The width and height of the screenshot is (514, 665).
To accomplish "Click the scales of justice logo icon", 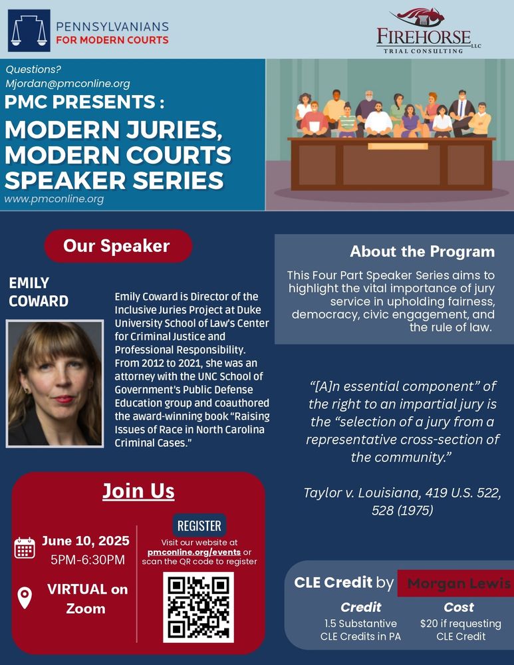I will point(29,31).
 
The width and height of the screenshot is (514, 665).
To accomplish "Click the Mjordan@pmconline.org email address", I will point(67,84).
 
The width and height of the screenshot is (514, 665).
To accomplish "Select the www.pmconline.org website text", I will point(54,199).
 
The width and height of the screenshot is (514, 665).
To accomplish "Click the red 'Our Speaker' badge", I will point(117,246).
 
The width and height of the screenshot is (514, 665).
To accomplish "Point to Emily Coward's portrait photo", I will point(55,383).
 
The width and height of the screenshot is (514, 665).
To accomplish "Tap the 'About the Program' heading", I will point(422,251).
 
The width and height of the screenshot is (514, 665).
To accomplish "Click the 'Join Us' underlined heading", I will point(138,491).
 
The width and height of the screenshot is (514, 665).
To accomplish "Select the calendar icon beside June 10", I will point(25,547).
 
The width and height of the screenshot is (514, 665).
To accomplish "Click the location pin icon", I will point(25,597).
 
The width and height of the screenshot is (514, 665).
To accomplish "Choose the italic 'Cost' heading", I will point(459,606).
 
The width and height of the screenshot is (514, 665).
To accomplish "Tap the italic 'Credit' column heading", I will point(360,606).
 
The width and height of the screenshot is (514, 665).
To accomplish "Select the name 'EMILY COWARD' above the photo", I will point(39,292).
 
